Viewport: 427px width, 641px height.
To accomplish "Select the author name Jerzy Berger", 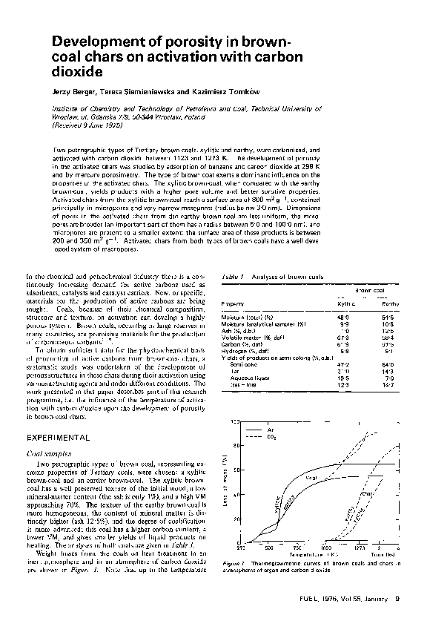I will coord(72,91).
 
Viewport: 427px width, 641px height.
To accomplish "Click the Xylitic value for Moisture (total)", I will coord(344,317).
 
